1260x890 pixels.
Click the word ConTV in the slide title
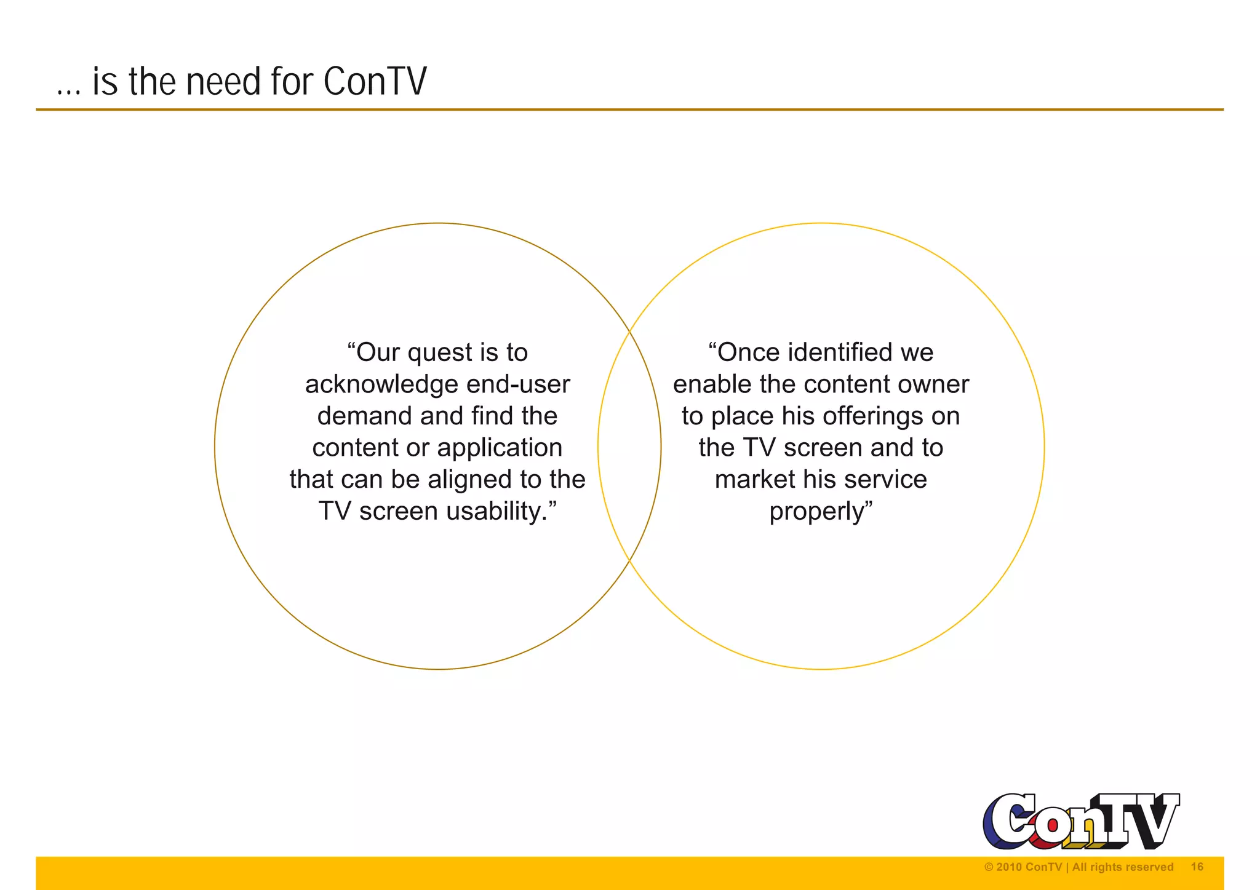pos(375,81)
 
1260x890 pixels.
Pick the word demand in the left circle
pos(364,416)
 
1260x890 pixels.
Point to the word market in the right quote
pos(754,480)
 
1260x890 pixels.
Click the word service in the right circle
pos(895,480)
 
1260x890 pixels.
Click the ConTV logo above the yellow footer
pos(1080,821)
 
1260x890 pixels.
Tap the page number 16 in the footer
pos(1197,867)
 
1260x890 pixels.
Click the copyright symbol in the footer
pos(989,867)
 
